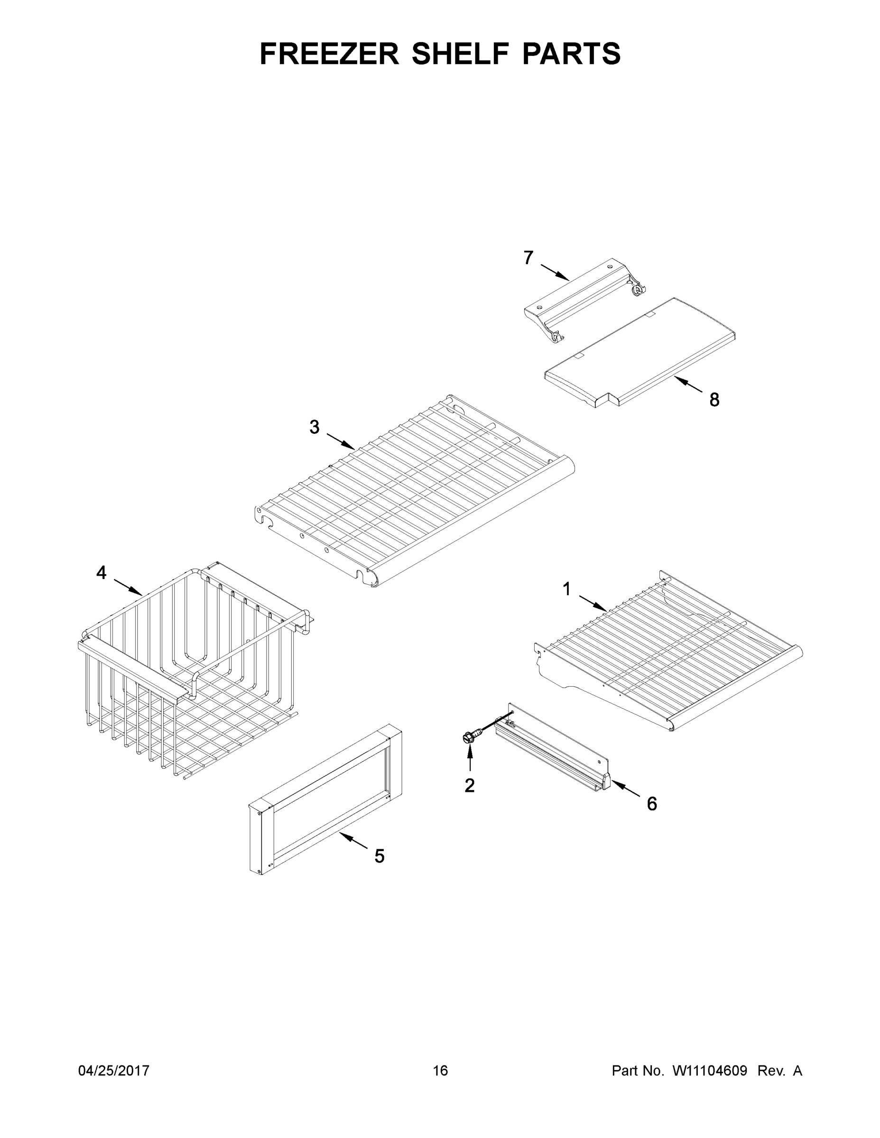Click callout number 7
point(528,258)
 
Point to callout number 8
point(714,400)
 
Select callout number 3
point(315,427)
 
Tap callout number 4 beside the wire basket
point(101,573)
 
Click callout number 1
point(567,589)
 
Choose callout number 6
point(652,804)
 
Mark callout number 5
point(380,856)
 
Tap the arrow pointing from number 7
point(555,273)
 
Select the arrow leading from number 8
point(688,385)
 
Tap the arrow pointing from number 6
point(625,789)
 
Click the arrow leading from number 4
point(128,587)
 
